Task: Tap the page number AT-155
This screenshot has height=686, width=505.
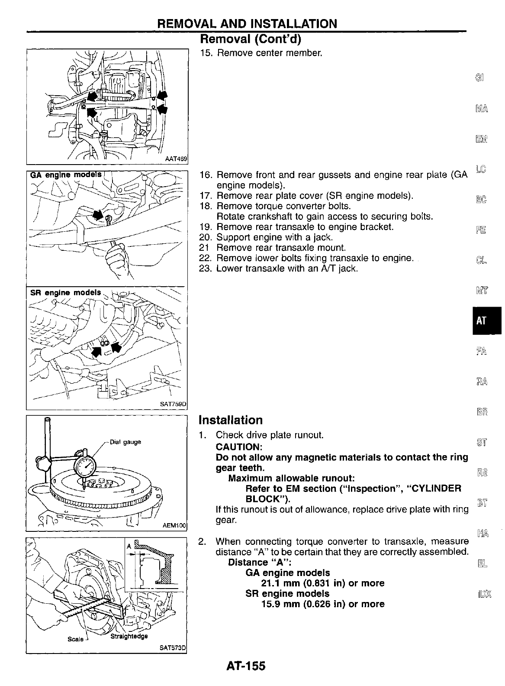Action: (x=245, y=665)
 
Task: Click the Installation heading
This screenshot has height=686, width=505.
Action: (x=231, y=420)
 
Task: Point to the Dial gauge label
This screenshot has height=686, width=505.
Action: (x=125, y=442)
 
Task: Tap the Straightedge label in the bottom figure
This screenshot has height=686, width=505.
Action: (x=129, y=636)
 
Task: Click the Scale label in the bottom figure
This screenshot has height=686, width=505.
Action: (x=75, y=639)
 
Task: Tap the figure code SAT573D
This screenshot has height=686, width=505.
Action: (x=173, y=648)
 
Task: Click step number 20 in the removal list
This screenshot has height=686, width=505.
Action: (x=205, y=237)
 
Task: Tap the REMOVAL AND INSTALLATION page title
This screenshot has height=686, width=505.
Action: (x=247, y=23)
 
